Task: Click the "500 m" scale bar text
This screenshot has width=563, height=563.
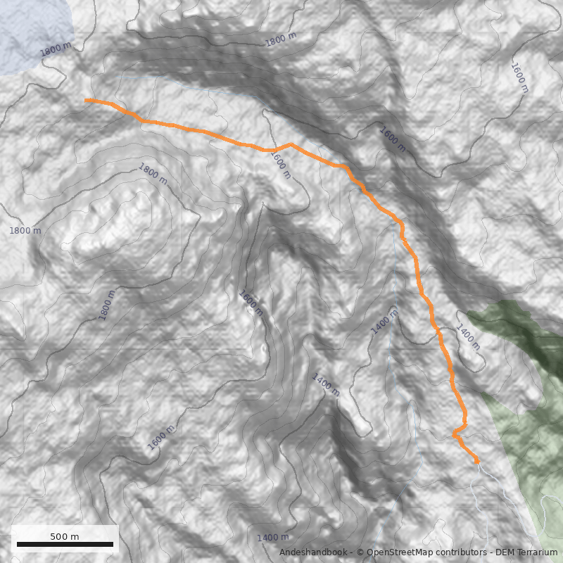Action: (x=64, y=536)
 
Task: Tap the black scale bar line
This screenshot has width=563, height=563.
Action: (x=64, y=544)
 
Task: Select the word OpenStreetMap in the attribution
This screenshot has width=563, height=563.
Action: (x=398, y=553)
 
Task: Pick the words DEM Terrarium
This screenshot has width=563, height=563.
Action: (x=529, y=553)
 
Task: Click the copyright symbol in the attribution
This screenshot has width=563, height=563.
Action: (x=360, y=553)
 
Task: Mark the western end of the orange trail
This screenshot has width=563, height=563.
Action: (x=86, y=101)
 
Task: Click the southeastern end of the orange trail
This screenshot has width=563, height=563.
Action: (x=477, y=461)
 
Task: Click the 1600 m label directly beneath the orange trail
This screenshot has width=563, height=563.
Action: (x=279, y=165)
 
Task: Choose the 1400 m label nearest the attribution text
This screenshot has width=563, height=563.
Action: (x=272, y=538)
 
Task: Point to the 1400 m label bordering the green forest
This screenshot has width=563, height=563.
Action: (x=468, y=337)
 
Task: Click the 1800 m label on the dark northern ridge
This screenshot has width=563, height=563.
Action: (x=281, y=40)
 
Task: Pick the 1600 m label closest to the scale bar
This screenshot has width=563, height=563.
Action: (x=162, y=438)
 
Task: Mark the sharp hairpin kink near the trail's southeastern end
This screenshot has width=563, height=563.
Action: (x=455, y=435)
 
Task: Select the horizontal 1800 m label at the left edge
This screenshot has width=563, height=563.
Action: (x=25, y=231)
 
